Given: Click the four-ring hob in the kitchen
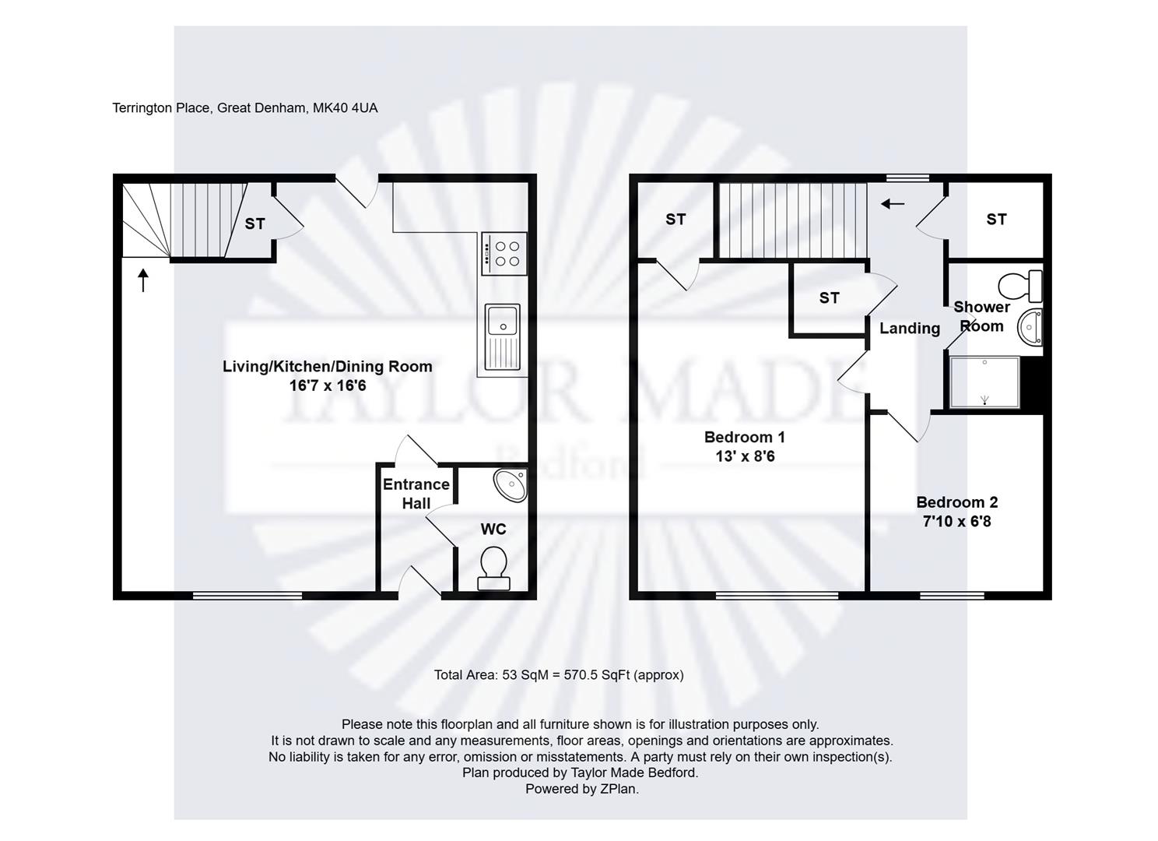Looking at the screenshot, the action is coord(504,253).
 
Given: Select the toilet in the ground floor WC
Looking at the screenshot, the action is coord(493,568).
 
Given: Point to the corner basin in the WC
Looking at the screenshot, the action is coord(511,484).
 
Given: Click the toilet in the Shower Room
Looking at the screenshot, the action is coord(1020,286).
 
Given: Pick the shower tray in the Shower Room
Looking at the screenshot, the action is coord(984,383).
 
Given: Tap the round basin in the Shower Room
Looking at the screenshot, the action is coord(1030,327).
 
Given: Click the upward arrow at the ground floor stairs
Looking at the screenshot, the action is coord(143,280).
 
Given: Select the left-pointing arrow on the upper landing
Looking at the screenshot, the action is coord(893,204).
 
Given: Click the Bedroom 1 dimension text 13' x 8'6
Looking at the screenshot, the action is coord(745,456).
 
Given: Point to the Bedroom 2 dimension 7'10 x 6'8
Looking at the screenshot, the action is coord(957,521).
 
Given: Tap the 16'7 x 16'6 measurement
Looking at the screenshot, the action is coord(328,385).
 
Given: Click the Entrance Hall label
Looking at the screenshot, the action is coord(416,494).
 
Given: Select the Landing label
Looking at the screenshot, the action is coord(910,328).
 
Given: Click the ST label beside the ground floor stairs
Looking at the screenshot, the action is coord(254,223).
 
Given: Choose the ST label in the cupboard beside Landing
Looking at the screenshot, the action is coord(830,298).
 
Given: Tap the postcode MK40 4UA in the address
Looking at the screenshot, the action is coord(346,108).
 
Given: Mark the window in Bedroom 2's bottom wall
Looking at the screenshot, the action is coord(953,596).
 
